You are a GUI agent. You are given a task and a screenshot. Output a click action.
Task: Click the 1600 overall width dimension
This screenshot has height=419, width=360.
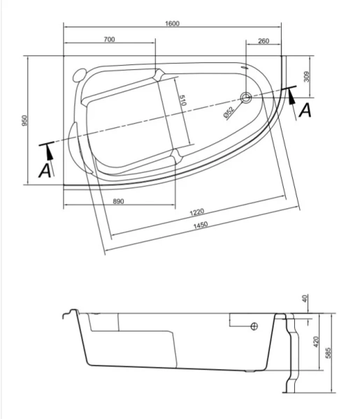click(x=173, y=23)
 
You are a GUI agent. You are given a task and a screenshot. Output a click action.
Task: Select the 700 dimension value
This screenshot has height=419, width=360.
click(x=109, y=41)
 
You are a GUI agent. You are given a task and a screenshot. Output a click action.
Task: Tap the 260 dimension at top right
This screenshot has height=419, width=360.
click(x=264, y=41)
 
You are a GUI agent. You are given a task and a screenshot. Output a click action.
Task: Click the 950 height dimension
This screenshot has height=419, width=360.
click(x=24, y=121)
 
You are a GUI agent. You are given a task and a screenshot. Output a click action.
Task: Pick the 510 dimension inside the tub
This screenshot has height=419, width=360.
click(x=183, y=101)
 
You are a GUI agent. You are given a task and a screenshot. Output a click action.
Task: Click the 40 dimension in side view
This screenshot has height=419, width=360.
click(x=304, y=299)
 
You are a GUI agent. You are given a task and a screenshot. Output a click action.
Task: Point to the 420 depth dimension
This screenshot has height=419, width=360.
click(x=315, y=342)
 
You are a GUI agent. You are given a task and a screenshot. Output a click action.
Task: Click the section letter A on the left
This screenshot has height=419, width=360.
click(x=45, y=169)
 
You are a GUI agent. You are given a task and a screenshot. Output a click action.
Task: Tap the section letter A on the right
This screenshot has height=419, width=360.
click(x=304, y=110)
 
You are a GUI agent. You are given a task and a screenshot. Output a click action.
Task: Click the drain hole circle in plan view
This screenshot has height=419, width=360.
click(x=246, y=98)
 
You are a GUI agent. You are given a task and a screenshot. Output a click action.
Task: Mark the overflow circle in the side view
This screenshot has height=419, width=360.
click(x=254, y=325)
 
